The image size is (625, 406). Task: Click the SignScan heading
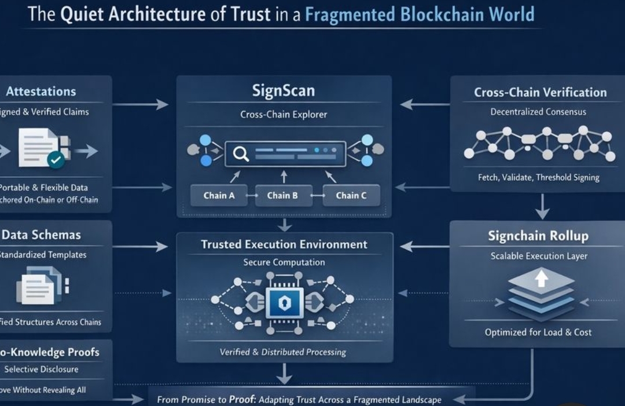[284, 90]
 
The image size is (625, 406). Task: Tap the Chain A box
[219, 196]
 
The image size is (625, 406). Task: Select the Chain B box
[282, 196]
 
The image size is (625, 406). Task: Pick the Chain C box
[351, 196]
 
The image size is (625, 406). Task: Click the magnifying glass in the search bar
[240, 153]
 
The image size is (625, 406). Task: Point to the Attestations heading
[41, 92]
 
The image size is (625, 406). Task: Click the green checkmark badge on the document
[56, 159]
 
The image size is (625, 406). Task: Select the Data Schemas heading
[41, 235]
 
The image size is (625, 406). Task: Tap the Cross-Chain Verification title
[540, 93]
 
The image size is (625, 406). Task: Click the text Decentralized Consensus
[538, 112]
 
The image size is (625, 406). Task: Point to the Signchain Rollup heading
[538, 236]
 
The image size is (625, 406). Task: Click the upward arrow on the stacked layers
[541, 279]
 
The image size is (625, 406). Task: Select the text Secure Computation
[284, 262]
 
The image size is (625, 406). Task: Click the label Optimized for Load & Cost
[538, 332]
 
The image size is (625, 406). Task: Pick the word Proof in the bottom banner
[241, 400]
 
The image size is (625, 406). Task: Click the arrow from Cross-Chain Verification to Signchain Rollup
[542, 206]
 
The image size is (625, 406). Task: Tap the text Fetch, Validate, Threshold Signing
[538, 178]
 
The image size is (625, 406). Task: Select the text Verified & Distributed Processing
[283, 352]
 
